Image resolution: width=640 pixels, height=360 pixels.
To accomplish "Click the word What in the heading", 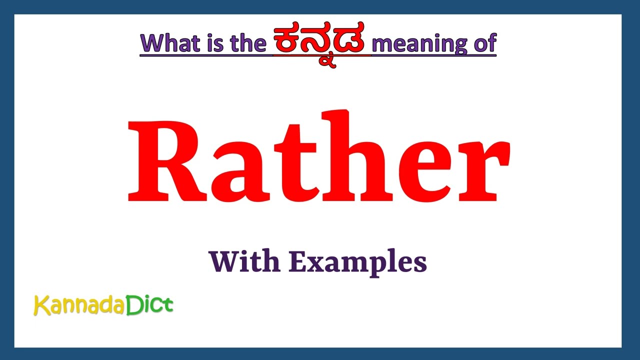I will [169, 43].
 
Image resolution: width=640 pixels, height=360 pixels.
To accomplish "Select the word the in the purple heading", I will [248, 43].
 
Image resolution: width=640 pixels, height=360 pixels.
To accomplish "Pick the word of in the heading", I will [483, 43].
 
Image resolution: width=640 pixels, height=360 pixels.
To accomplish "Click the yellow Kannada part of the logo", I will [79, 305].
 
